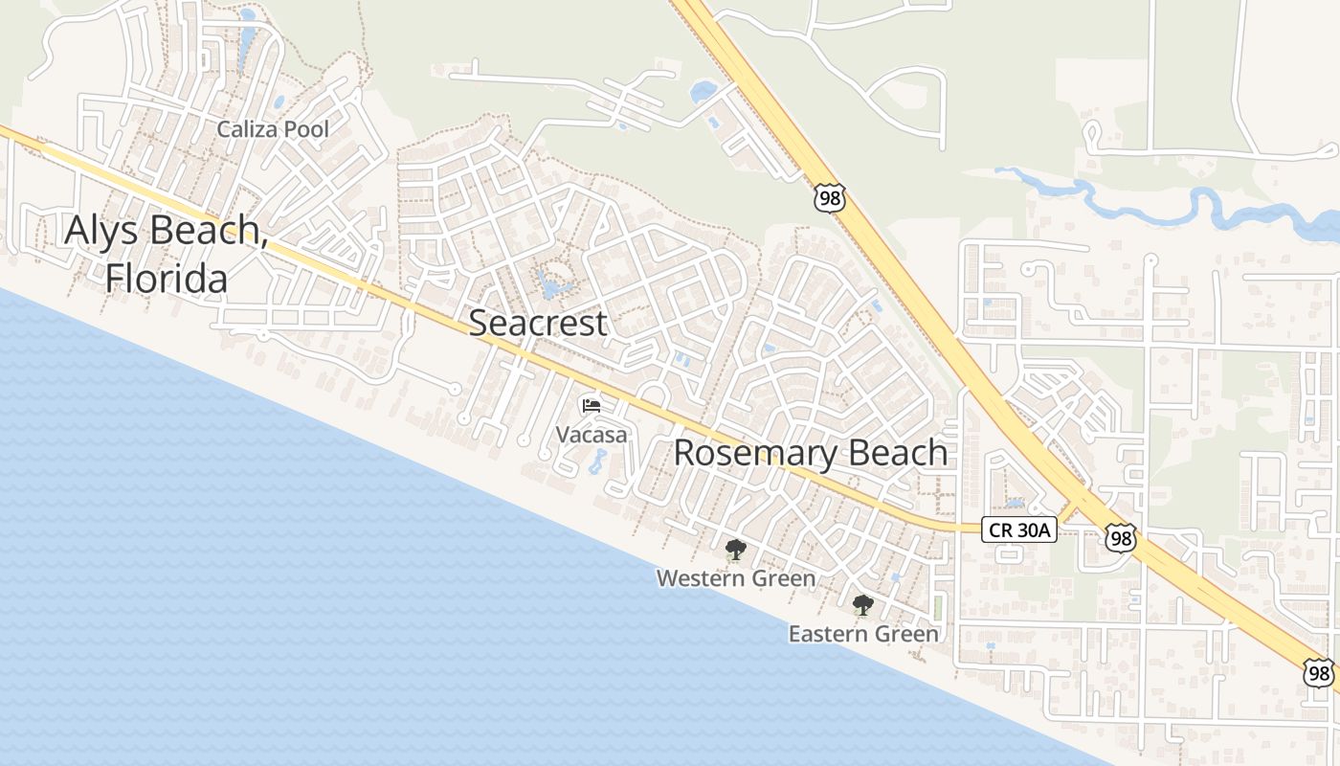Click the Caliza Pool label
273,129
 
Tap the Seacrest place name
537,323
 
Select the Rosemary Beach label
810,452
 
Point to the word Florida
167,279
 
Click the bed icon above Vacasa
592,406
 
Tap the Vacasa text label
592,435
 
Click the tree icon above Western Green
735,550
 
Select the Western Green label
735,578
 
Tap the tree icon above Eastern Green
862,605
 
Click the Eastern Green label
863,634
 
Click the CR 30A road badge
1018,529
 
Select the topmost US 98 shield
830,198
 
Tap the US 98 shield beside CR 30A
1120,537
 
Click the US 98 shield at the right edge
1319,672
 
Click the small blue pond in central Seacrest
553,285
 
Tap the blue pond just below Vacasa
596,463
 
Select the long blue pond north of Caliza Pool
247,38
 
